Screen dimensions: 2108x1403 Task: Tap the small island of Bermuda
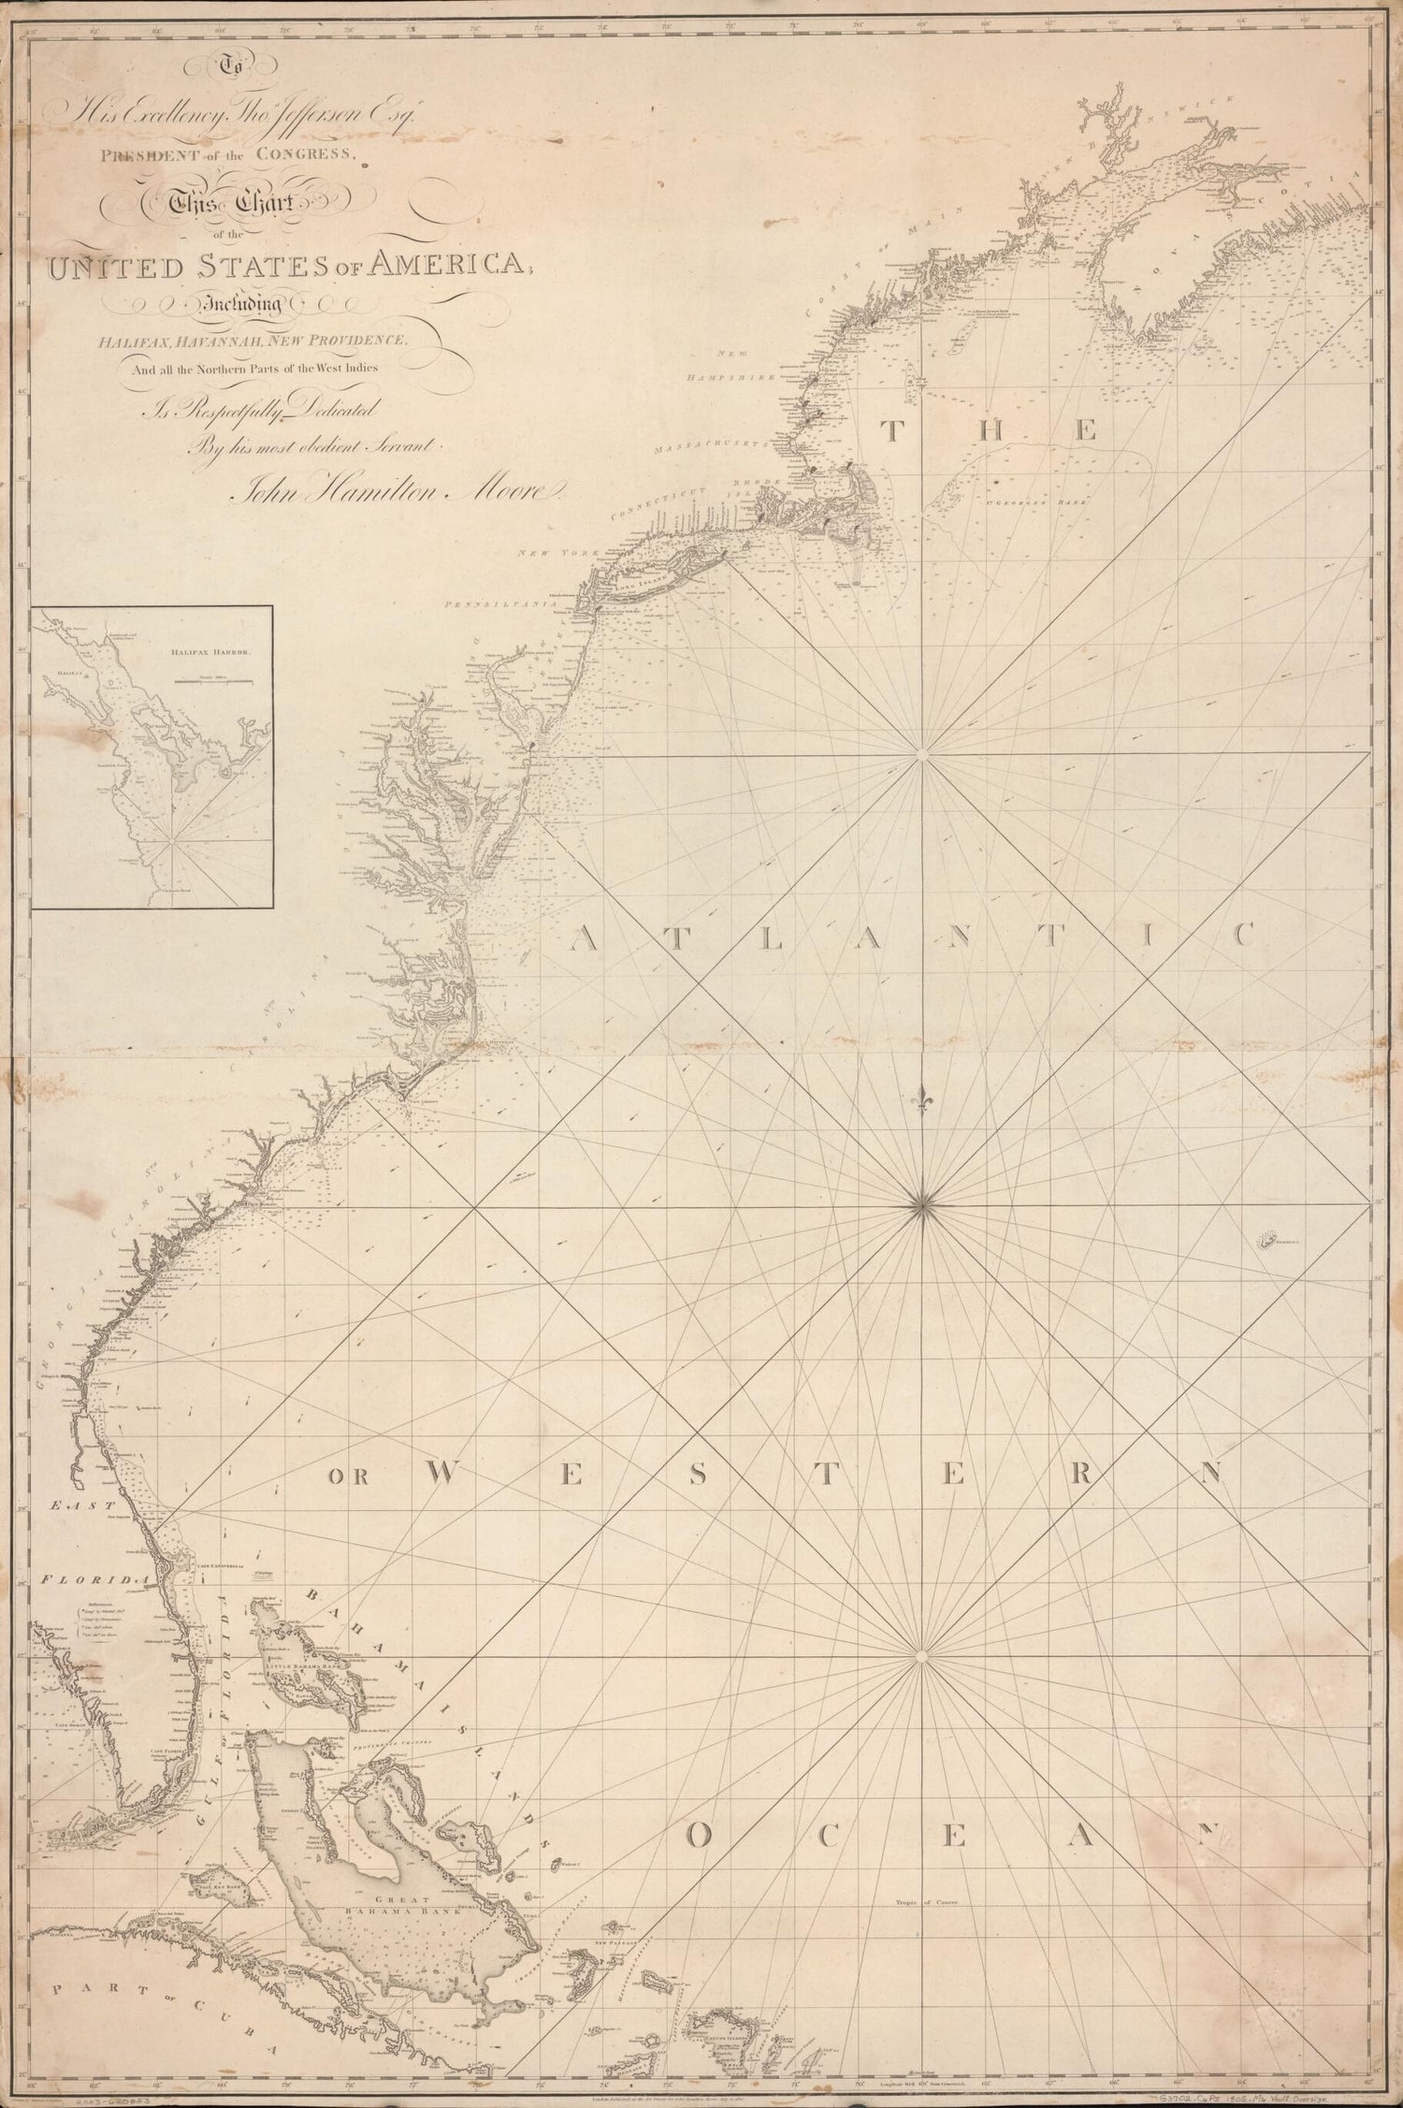coord(1271,1241)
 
